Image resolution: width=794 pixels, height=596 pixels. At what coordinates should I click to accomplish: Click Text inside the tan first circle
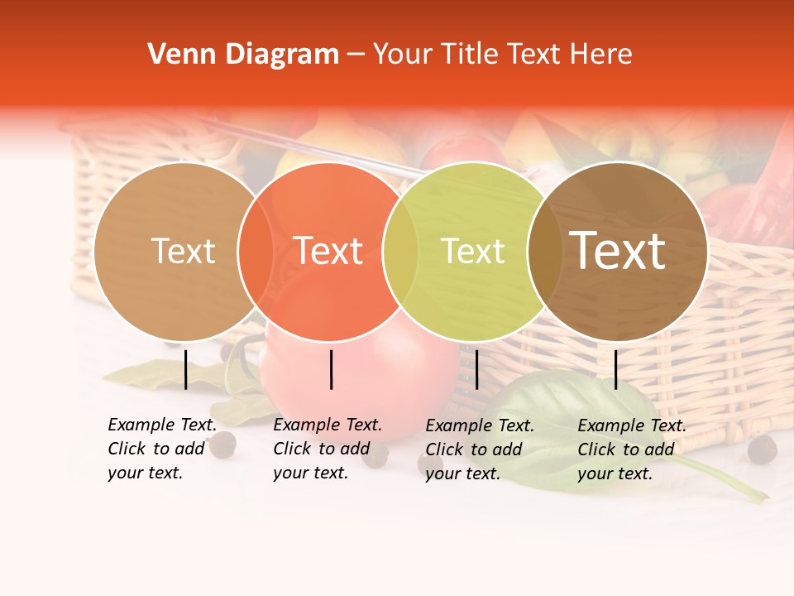pyautogui.click(x=183, y=251)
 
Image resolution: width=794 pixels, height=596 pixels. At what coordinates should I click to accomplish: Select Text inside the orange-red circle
pyautogui.click(x=328, y=251)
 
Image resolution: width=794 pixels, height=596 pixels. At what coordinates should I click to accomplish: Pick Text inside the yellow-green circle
pyautogui.click(x=472, y=251)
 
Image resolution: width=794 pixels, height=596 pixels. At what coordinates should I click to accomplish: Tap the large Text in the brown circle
pyautogui.click(x=618, y=251)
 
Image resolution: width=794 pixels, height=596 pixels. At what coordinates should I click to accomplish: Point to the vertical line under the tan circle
pyautogui.click(x=185, y=369)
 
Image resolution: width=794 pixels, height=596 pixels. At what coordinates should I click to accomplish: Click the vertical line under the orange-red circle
pyautogui.click(x=331, y=369)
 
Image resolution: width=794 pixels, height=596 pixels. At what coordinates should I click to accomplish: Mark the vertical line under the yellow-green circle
pyautogui.click(x=476, y=369)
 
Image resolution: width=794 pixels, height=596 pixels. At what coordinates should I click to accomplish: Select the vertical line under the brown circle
pyautogui.click(x=615, y=369)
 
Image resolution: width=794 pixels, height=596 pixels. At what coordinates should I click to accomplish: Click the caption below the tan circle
pyautogui.click(x=161, y=449)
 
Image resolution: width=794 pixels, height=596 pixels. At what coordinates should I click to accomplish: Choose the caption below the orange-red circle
pyautogui.click(x=327, y=449)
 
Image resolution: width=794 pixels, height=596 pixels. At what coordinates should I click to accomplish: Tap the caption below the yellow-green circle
pyautogui.click(x=479, y=449)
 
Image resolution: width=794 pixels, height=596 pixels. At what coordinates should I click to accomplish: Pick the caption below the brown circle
pyautogui.click(x=631, y=449)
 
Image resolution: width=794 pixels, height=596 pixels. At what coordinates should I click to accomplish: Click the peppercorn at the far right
pyautogui.click(x=762, y=449)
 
